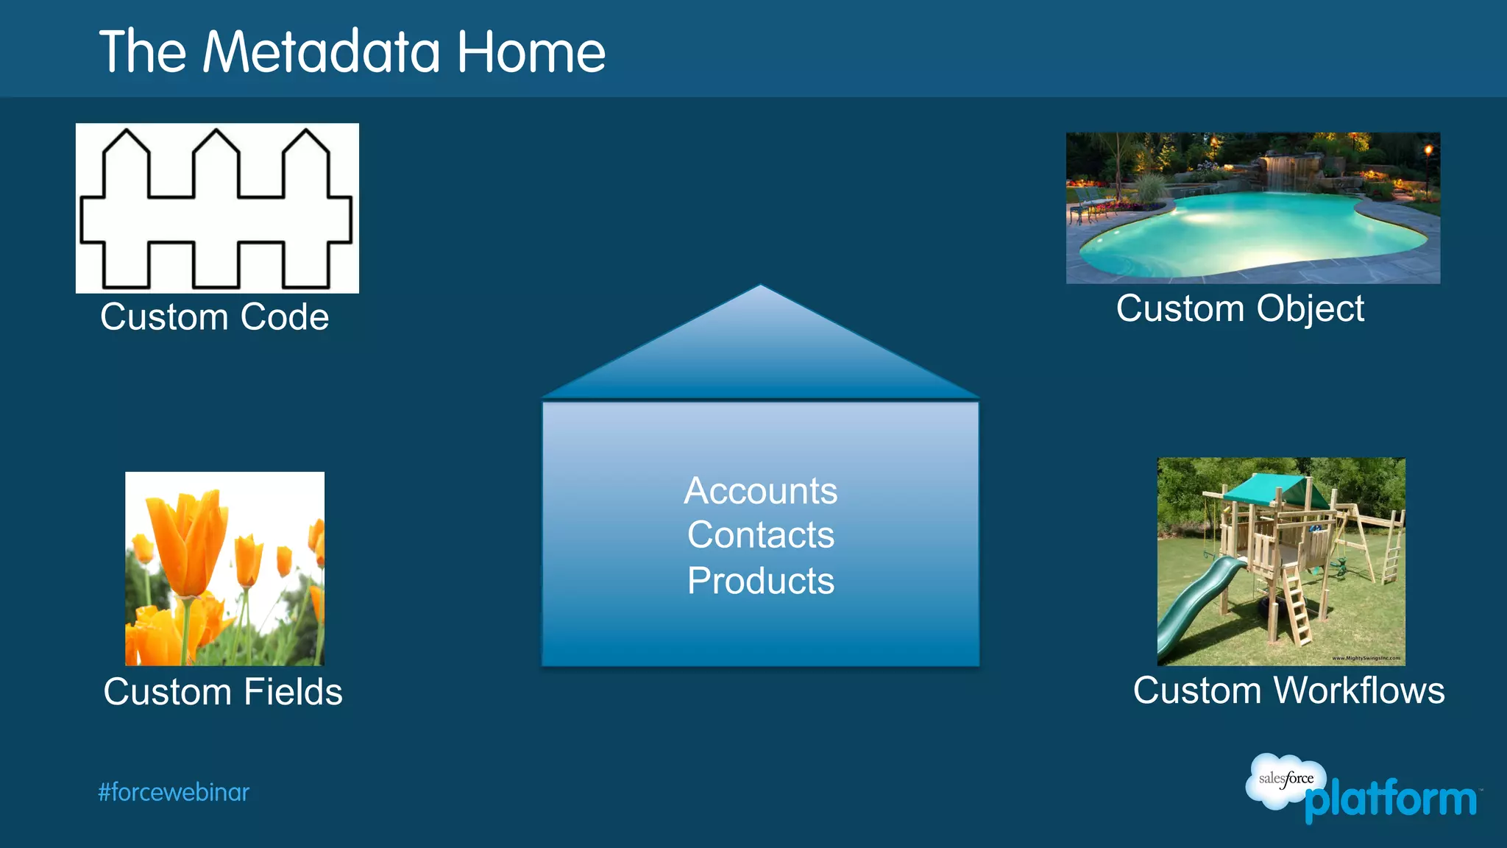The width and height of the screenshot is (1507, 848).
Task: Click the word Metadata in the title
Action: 322,52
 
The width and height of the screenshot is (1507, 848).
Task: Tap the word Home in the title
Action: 531,52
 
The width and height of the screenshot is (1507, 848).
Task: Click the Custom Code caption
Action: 214,317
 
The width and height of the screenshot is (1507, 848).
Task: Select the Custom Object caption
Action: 1240,308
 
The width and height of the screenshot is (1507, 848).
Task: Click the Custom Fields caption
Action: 223,692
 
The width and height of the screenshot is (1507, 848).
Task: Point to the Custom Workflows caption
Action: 1288,690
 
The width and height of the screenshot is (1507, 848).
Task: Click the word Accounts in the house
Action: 760,491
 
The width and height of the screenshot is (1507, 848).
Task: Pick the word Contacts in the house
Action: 760,535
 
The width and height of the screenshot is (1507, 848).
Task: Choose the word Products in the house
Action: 760,581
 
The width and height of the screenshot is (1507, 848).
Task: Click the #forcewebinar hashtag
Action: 174,793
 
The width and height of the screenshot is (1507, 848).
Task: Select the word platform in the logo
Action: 1391,800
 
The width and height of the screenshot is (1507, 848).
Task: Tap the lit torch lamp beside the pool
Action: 1428,151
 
